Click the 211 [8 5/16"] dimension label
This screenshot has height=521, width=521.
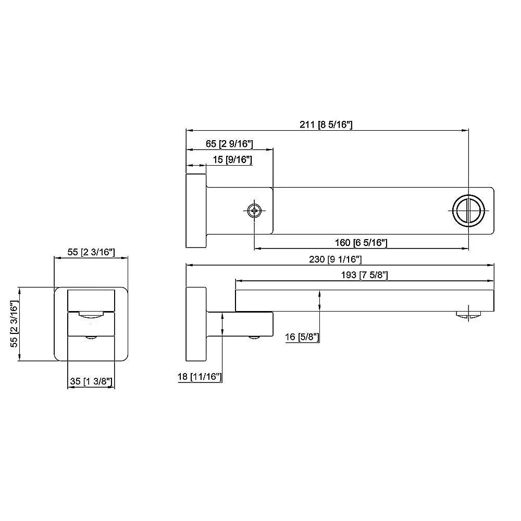pyautogui.click(x=326, y=125)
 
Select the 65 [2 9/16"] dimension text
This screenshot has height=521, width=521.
pyautogui.click(x=229, y=144)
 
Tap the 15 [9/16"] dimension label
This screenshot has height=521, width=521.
pyautogui.click(x=232, y=159)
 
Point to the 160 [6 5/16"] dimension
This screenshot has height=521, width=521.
pyautogui.click(x=361, y=243)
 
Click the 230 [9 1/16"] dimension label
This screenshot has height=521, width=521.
pyautogui.click(x=335, y=259)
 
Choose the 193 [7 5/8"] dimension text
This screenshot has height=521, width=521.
pyautogui.click(x=365, y=275)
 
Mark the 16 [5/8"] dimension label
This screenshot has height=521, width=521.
pyautogui.click(x=302, y=337)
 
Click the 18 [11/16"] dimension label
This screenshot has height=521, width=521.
pyautogui.click(x=200, y=377)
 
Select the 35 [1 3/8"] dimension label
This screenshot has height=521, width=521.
pyautogui.click(x=91, y=381)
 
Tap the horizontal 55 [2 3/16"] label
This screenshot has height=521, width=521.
pyautogui.click(x=91, y=252)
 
